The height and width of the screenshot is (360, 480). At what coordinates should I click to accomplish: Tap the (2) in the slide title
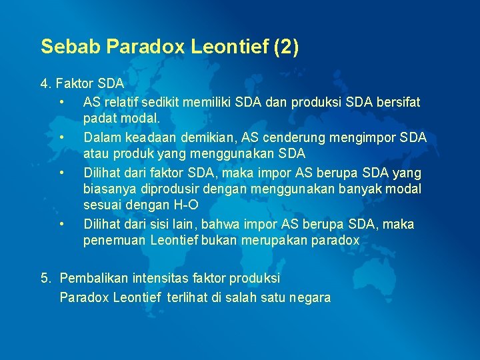(285, 46)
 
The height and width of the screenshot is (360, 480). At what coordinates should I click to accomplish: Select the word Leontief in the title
(219, 46)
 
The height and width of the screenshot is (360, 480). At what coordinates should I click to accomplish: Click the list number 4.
(45, 84)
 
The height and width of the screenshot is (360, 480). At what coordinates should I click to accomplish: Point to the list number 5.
(45, 277)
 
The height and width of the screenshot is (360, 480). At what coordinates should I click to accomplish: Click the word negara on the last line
(309, 297)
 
